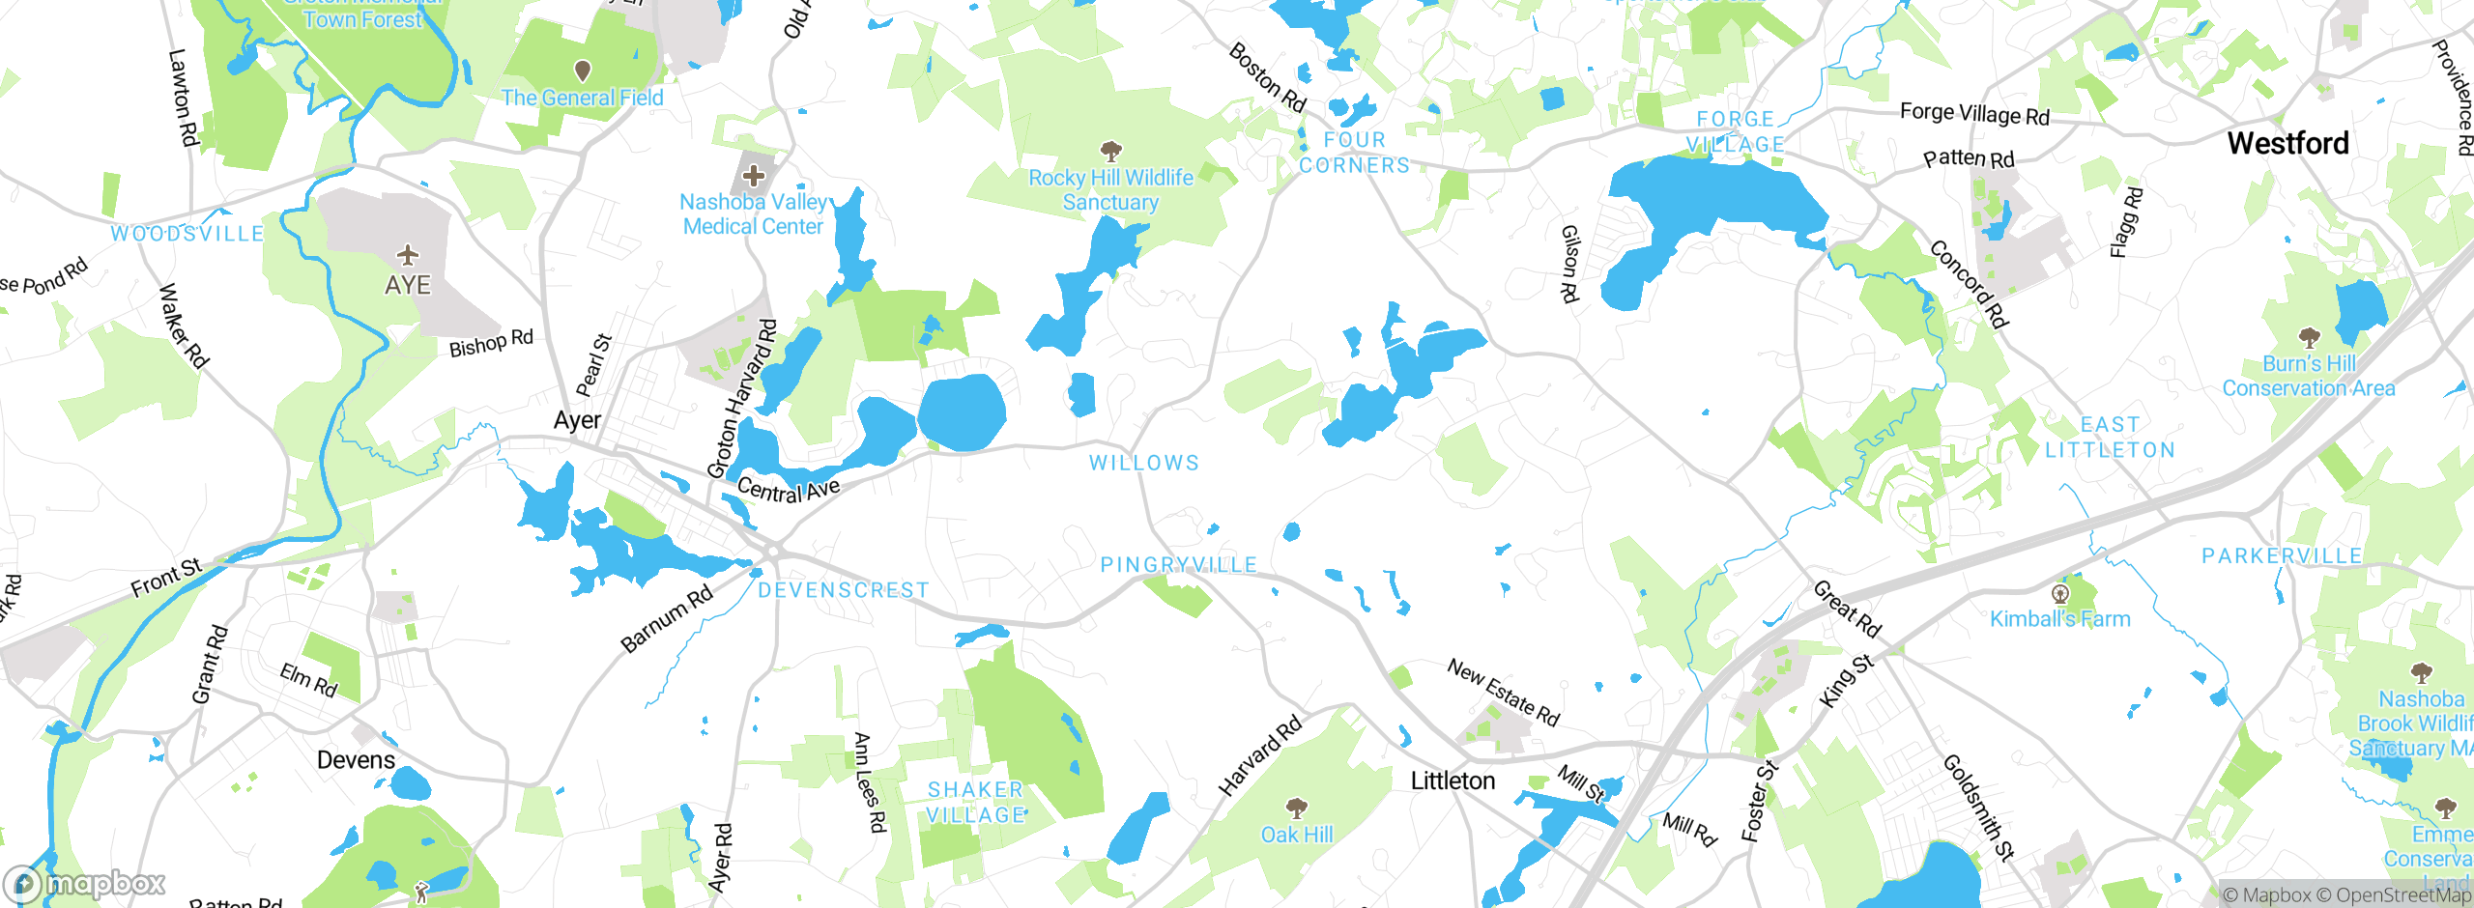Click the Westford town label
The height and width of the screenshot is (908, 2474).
(x=2287, y=144)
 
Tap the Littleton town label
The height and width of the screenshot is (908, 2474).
(x=1453, y=780)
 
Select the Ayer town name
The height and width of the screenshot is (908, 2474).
(x=577, y=420)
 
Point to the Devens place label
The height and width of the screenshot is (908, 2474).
(x=356, y=760)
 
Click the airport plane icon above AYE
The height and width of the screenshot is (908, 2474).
(x=408, y=255)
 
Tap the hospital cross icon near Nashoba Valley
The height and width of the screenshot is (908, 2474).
(x=754, y=176)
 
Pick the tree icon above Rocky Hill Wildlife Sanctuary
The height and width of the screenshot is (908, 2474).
(x=1110, y=151)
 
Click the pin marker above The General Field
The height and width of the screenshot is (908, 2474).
(x=583, y=71)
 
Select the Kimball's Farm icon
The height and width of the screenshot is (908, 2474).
(x=2060, y=592)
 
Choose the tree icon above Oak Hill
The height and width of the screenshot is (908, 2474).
(x=1296, y=808)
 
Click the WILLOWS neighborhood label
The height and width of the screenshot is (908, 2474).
(x=1144, y=464)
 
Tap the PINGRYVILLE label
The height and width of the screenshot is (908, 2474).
(x=1179, y=564)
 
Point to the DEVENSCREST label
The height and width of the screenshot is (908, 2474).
(x=843, y=590)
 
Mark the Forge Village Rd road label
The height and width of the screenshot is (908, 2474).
(x=1974, y=114)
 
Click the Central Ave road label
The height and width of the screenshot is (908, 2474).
(x=789, y=490)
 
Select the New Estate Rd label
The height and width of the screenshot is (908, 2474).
(x=1503, y=693)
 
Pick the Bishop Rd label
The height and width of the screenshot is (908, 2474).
(x=491, y=343)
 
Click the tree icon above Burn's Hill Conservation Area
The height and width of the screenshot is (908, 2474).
(x=2309, y=337)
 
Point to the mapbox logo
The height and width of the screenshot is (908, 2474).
(x=85, y=884)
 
